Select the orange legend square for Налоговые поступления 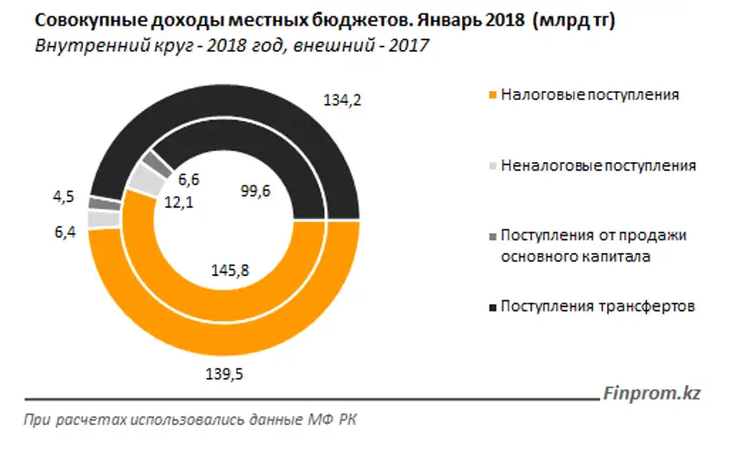pyautogui.click(x=493, y=95)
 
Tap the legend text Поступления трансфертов pyautogui.click(x=599, y=307)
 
